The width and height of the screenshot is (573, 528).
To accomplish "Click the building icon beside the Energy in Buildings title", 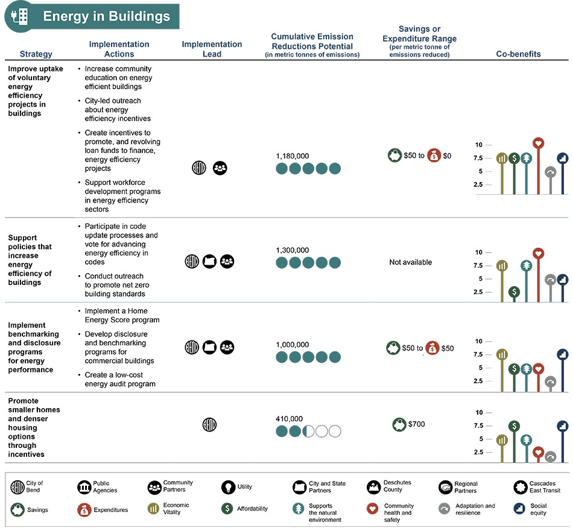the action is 20,16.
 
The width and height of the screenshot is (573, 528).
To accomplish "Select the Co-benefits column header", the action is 518,54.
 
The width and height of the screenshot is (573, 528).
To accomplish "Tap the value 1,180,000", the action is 293,156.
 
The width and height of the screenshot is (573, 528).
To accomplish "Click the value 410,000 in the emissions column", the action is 289,419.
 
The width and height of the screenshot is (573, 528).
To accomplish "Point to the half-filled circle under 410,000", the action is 308,431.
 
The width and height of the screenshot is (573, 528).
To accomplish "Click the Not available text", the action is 410,262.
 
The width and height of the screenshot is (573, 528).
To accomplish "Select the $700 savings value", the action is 417,424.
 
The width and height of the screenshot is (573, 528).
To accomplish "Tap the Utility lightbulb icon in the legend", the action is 229,487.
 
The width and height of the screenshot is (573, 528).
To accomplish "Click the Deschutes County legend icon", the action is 373,487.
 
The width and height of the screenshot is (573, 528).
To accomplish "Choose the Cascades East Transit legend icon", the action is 521,487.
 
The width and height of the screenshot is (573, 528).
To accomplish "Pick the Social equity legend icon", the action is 519,509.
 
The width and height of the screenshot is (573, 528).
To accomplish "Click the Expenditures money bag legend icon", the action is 84,510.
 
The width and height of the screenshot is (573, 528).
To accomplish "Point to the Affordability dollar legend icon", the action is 227,508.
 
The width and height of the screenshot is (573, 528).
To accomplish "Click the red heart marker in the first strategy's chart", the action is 538,143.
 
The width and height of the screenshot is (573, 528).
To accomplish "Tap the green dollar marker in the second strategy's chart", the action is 514,292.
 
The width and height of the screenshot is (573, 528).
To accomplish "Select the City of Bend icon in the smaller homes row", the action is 209,425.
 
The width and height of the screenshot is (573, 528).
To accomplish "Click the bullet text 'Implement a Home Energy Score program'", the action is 122,315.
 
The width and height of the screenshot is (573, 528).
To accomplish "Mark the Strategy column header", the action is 36,54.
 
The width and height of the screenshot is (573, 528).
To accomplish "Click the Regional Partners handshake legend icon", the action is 446,487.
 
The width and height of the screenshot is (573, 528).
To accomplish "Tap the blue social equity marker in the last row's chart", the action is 563,426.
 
